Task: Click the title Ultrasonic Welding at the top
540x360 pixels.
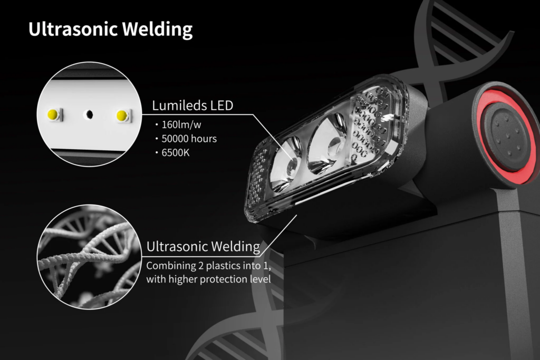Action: click(x=110, y=30)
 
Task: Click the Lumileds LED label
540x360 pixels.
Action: click(x=192, y=105)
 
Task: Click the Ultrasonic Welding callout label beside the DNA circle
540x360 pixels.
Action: click(x=203, y=246)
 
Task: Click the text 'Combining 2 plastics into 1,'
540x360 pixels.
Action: click(x=208, y=266)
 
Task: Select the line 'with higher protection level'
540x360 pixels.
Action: click(x=208, y=279)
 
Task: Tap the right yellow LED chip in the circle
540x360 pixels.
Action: click(x=123, y=114)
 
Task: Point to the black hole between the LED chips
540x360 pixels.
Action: click(x=89, y=114)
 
